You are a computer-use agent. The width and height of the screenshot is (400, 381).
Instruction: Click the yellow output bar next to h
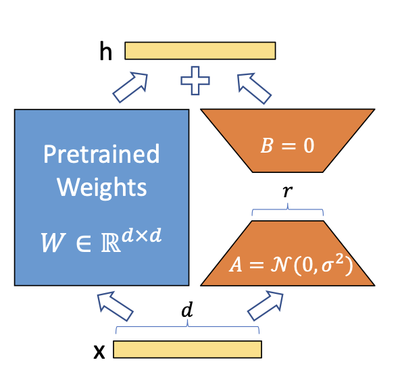click(x=200, y=51)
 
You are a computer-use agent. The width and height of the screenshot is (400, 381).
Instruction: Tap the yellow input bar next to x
click(x=187, y=349)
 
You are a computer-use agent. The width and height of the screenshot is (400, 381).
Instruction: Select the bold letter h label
click(x=105, y=51)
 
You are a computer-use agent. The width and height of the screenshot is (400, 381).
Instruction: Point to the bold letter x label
click(x=99, y=351)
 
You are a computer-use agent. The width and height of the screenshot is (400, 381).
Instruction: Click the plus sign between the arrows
click(x=196, y=83)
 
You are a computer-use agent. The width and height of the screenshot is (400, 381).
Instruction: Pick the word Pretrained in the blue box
click(x=101, y=154)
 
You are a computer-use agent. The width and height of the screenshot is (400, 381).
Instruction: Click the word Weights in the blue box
click(x=101, y=186)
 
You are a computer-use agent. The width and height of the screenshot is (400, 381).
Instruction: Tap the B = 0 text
click(x=288, y=145)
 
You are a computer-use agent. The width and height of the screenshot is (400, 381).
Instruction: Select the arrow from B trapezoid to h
click(x=253, y=88)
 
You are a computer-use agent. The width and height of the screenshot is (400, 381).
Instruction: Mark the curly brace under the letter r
click(x=288, y=212)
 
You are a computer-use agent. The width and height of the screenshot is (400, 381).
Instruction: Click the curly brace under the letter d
click(x=187, y=329)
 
